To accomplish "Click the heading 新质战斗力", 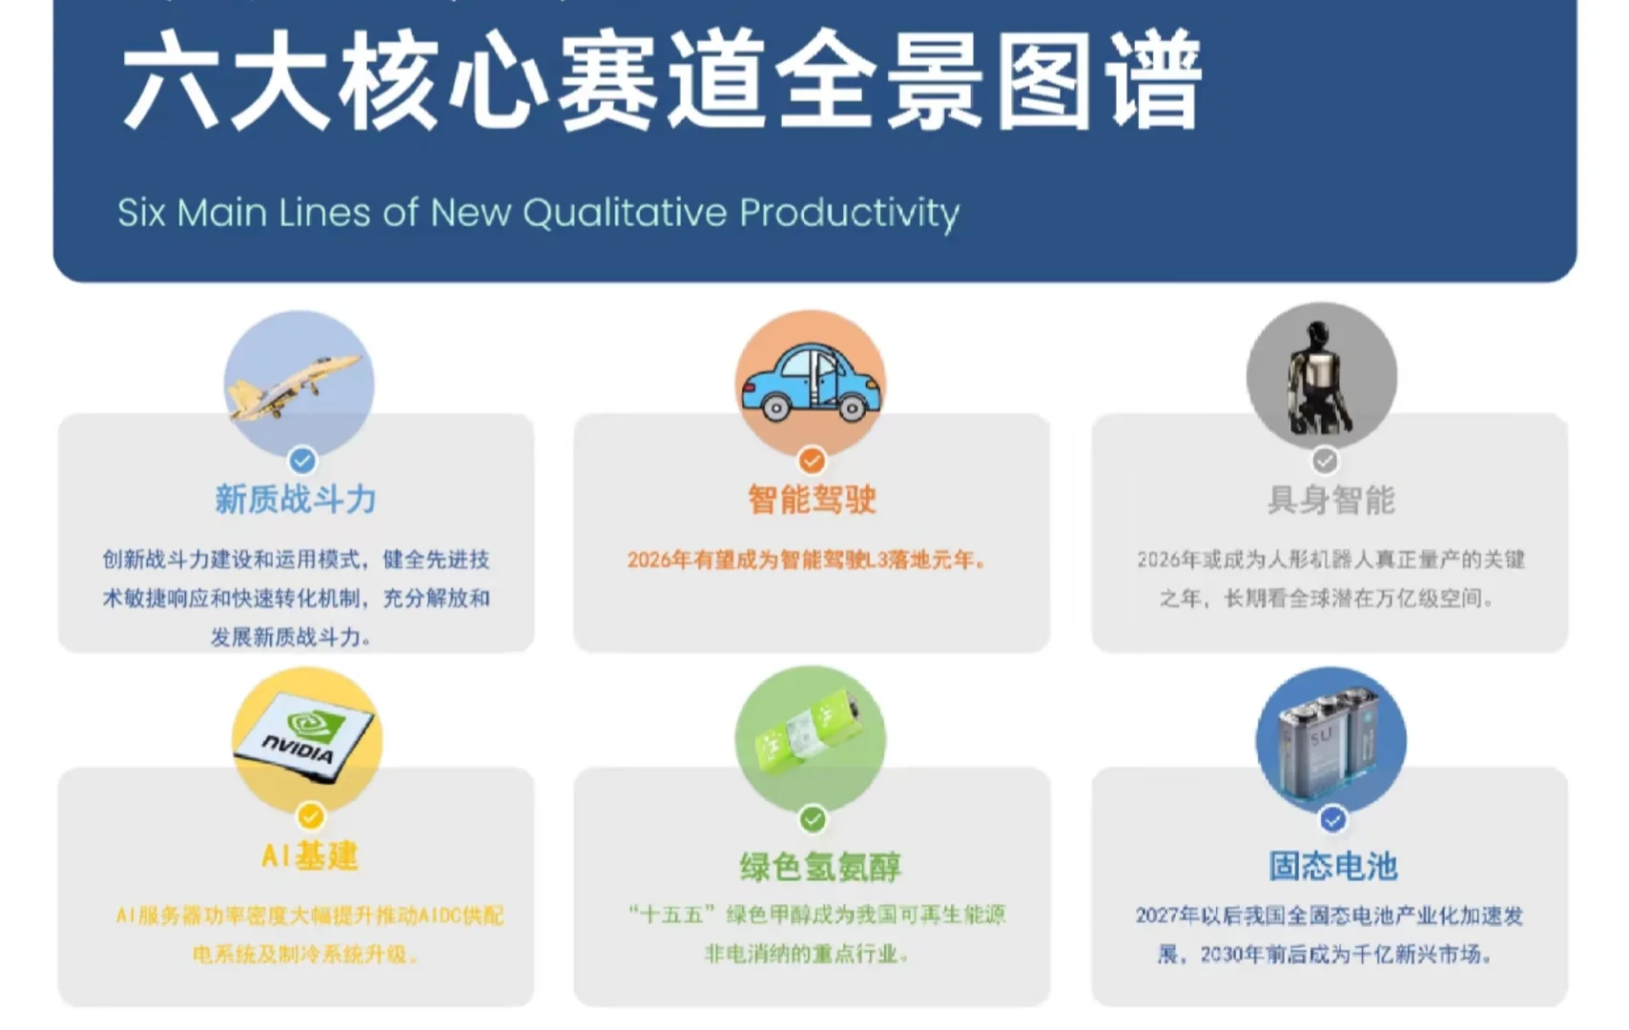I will click(296, 500).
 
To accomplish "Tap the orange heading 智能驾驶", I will click(812, 500).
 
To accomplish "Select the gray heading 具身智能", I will click(1330, 500).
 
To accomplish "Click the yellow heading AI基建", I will click(310, 855).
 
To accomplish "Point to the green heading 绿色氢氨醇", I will click(820, 867).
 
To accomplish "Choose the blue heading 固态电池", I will click(1332, 866).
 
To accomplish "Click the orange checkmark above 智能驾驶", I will click(812, 461).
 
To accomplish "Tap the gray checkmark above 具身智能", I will click(1325, 461).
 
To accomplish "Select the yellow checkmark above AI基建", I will click(310, 817).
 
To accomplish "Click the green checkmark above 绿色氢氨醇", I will click(812, 818).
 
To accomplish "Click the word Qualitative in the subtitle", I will click(625, 213).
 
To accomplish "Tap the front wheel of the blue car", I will click(851, 409).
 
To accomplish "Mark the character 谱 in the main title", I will click(1154, 80).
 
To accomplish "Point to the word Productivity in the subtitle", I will click(849, 213).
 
